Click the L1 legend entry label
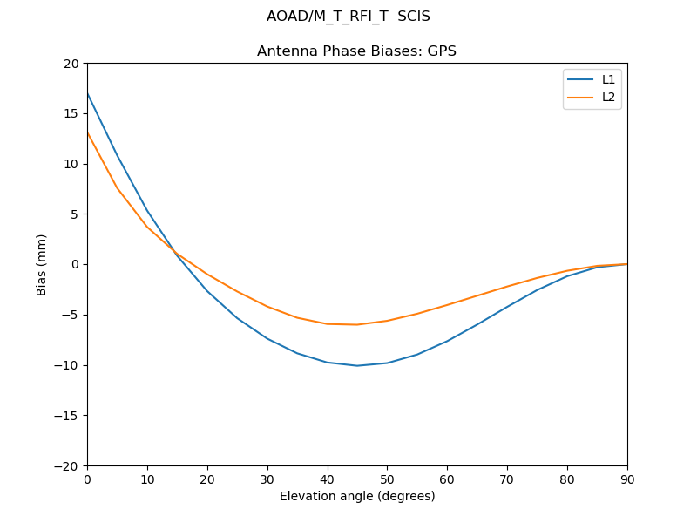coord(609,79)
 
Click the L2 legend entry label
coord(609,97)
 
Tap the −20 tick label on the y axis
coord(66,465)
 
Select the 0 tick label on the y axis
coord(75,264)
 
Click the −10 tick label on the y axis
coord(66,365)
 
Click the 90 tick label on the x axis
coord(627,479)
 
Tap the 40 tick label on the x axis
coord(328,479)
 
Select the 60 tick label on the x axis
coord(447,479)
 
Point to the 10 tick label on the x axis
coord(147,479)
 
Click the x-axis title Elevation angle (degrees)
coord(357,497)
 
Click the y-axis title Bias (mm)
coord(42,264)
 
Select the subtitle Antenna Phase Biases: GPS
coord(356,51)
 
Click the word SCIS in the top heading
coord(414,17)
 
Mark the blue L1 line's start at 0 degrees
coord(87,92)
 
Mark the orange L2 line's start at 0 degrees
coord(87,132)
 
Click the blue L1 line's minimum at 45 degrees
coord(357,365)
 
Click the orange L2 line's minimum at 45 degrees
coord(357,324)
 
